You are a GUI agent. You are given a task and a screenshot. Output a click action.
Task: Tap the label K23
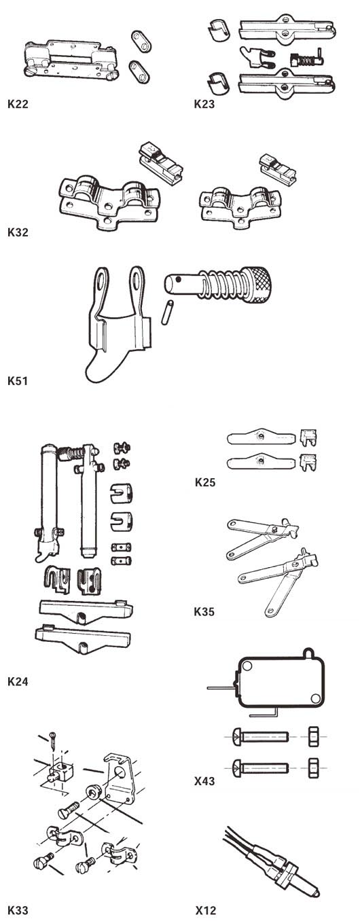(x=205, y=105)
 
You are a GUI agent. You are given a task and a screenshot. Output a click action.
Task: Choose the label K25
(x=205, y=483)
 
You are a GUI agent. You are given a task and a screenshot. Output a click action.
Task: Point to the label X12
(x=205, y=909)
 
